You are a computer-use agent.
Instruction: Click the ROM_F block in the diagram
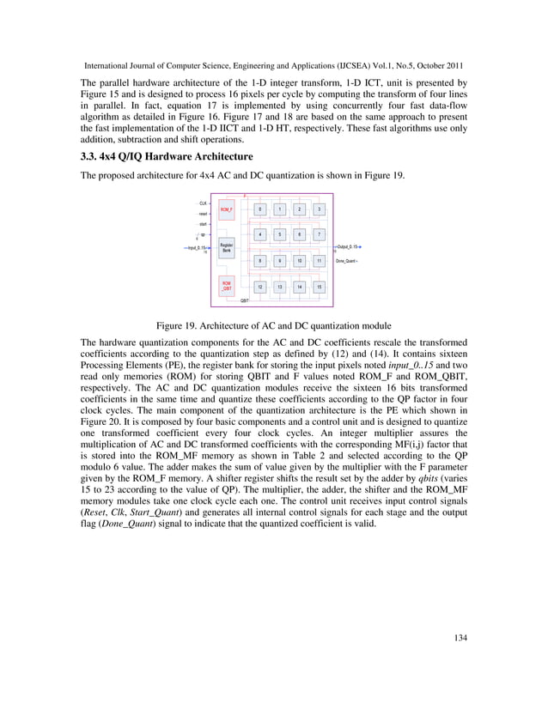coord(227,209)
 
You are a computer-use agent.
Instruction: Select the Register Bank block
coord(227,247)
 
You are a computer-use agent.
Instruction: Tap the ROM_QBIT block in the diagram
coord(227,287)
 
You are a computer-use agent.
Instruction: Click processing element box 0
coord(260,209)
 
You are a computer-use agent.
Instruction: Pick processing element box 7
coord(319,234)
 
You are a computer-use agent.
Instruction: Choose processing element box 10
coord(299,261)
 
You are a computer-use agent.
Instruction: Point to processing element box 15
coord(319,288)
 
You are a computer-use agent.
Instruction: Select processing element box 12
coord(260,288)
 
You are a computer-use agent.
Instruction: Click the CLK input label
coord(203,203)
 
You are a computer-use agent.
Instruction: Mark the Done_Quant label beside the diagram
coord(347,261)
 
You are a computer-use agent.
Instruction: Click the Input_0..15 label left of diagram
coord(198,247)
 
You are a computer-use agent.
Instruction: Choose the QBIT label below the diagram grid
coord(245,301)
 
